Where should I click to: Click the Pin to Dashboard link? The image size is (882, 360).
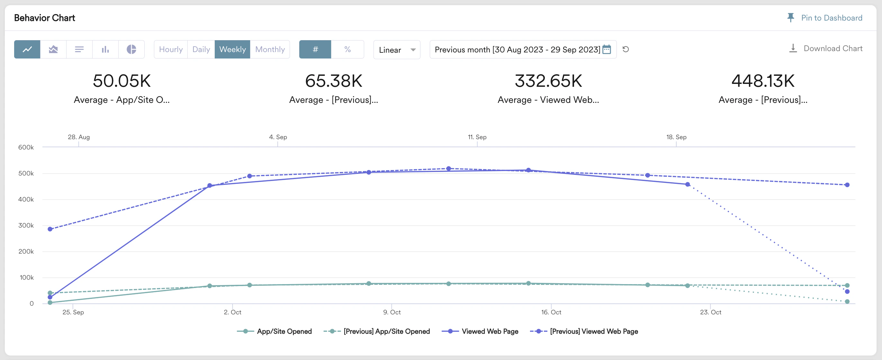point(825,18)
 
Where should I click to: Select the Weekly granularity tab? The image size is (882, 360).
point(232,49)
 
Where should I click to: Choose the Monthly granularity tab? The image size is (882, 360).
point(270,49)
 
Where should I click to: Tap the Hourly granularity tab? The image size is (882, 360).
point(170,49)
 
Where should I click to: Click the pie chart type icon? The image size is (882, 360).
point(131,49)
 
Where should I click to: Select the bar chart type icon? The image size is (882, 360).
point(105,49)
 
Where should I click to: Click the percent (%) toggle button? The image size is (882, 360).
point(347,49)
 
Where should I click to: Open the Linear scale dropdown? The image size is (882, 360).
point(397,50)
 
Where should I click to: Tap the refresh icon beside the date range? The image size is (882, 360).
point(625,49)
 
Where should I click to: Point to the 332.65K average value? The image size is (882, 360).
point(548,81)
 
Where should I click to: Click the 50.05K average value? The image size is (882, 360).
point(122,81)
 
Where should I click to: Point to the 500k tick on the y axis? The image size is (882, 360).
point(26,173)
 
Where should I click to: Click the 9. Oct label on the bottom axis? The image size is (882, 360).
point(392,312)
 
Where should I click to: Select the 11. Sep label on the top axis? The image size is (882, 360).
point(477,137)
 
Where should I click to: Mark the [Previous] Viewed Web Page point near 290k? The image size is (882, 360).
point(50,229)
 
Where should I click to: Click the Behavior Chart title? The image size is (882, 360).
point(44,18)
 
